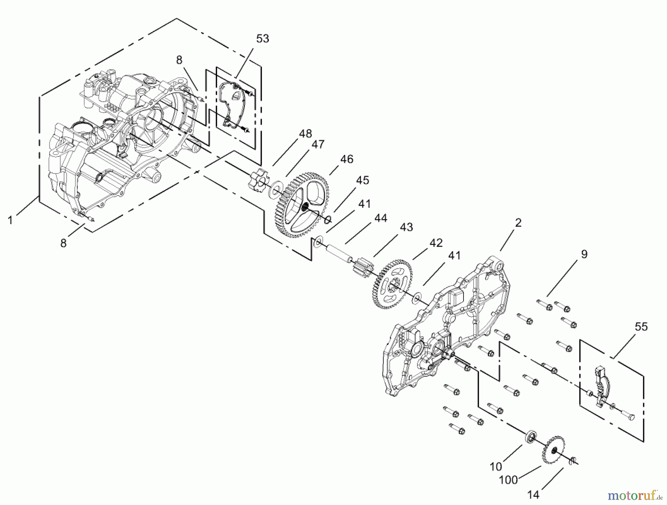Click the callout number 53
(262, 38)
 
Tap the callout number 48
(305, 134)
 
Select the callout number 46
(346, 159)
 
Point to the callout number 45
(362, 180)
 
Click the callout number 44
(380, 218)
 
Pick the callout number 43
(406, 227)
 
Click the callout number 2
(518, 222)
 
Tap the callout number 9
(584, 254)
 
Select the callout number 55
(641, 327)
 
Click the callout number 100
(508, 480)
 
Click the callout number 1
(10, 220)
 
